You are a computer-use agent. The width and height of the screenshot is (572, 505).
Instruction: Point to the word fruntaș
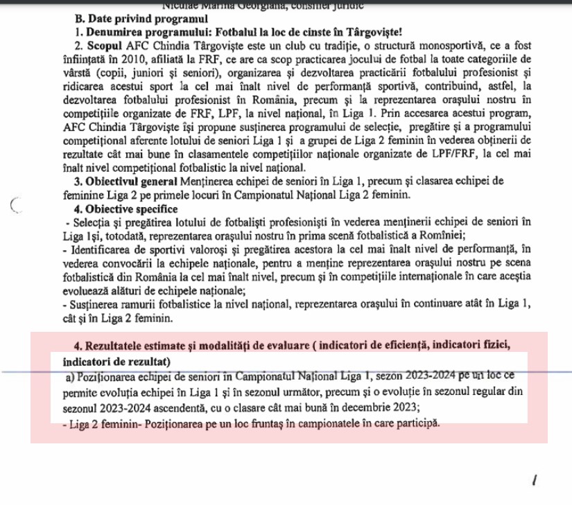[259, 423]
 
